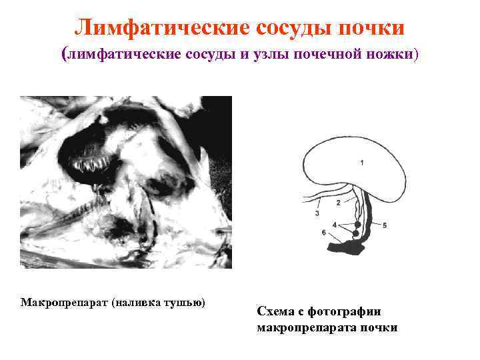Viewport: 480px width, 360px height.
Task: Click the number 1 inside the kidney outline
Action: pyautogui.click(x=361, y=162)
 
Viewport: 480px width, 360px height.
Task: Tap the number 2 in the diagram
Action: pyautogui.click(x=338, y=202)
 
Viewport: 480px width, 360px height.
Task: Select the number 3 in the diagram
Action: pyautogui.click(x=317, y=213)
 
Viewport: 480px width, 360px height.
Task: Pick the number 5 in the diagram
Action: pyautogui.click(x=384, y=226)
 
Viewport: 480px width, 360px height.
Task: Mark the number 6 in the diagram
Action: pyautogui.click(x=323, y=233)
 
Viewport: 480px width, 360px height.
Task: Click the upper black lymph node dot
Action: pyautogui.click(x=357, y=225)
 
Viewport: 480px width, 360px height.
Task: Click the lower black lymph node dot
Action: pyautogui.click(x=355, y=233)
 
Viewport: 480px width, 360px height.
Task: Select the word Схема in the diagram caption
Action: pyautogui.click(x=276, y=311)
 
